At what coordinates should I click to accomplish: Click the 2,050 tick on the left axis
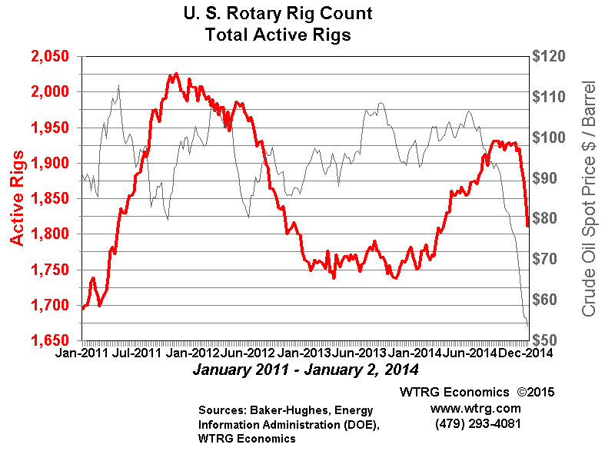[48, 57]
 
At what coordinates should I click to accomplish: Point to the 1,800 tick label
[48, 234]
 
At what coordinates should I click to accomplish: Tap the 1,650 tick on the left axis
[48, 340]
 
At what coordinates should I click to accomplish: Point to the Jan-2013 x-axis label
[299, 354]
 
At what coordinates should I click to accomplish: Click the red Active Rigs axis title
[18, 198]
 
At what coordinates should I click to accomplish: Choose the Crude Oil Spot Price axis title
[590, 198]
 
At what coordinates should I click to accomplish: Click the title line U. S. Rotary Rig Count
[278, 15]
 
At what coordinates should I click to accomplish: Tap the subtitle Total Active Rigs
[278, 35]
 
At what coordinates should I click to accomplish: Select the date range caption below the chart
[306, 370]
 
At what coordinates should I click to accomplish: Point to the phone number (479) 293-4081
[477, 423]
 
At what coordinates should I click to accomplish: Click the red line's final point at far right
[527, 226]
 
